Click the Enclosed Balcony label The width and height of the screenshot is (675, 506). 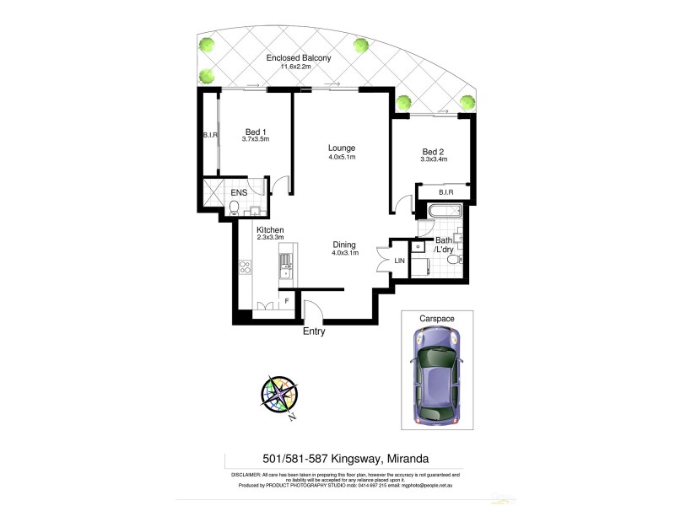(x=298, y=58)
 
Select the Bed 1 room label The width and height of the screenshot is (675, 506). (x=256, y=132)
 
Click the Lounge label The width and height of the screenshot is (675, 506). (x=342, y=148)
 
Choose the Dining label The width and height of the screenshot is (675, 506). (x=344, y=244)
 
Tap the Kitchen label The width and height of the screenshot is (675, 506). (x=270, y=230)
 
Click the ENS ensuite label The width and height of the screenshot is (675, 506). (x=239, y=192)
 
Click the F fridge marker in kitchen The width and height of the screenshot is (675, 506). (x=287, y=300)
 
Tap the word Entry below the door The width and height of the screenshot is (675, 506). (x=314, y=331)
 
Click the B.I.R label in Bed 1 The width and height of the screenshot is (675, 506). (x=210, y=135)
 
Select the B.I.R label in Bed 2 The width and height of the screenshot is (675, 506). (x=446, y=192)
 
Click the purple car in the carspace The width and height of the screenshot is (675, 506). (x=436, y=375)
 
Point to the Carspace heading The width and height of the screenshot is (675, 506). (x=436, y=318)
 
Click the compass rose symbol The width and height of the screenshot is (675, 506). (x=279, y=394)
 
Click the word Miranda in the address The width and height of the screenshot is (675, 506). (x=408, y=459)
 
